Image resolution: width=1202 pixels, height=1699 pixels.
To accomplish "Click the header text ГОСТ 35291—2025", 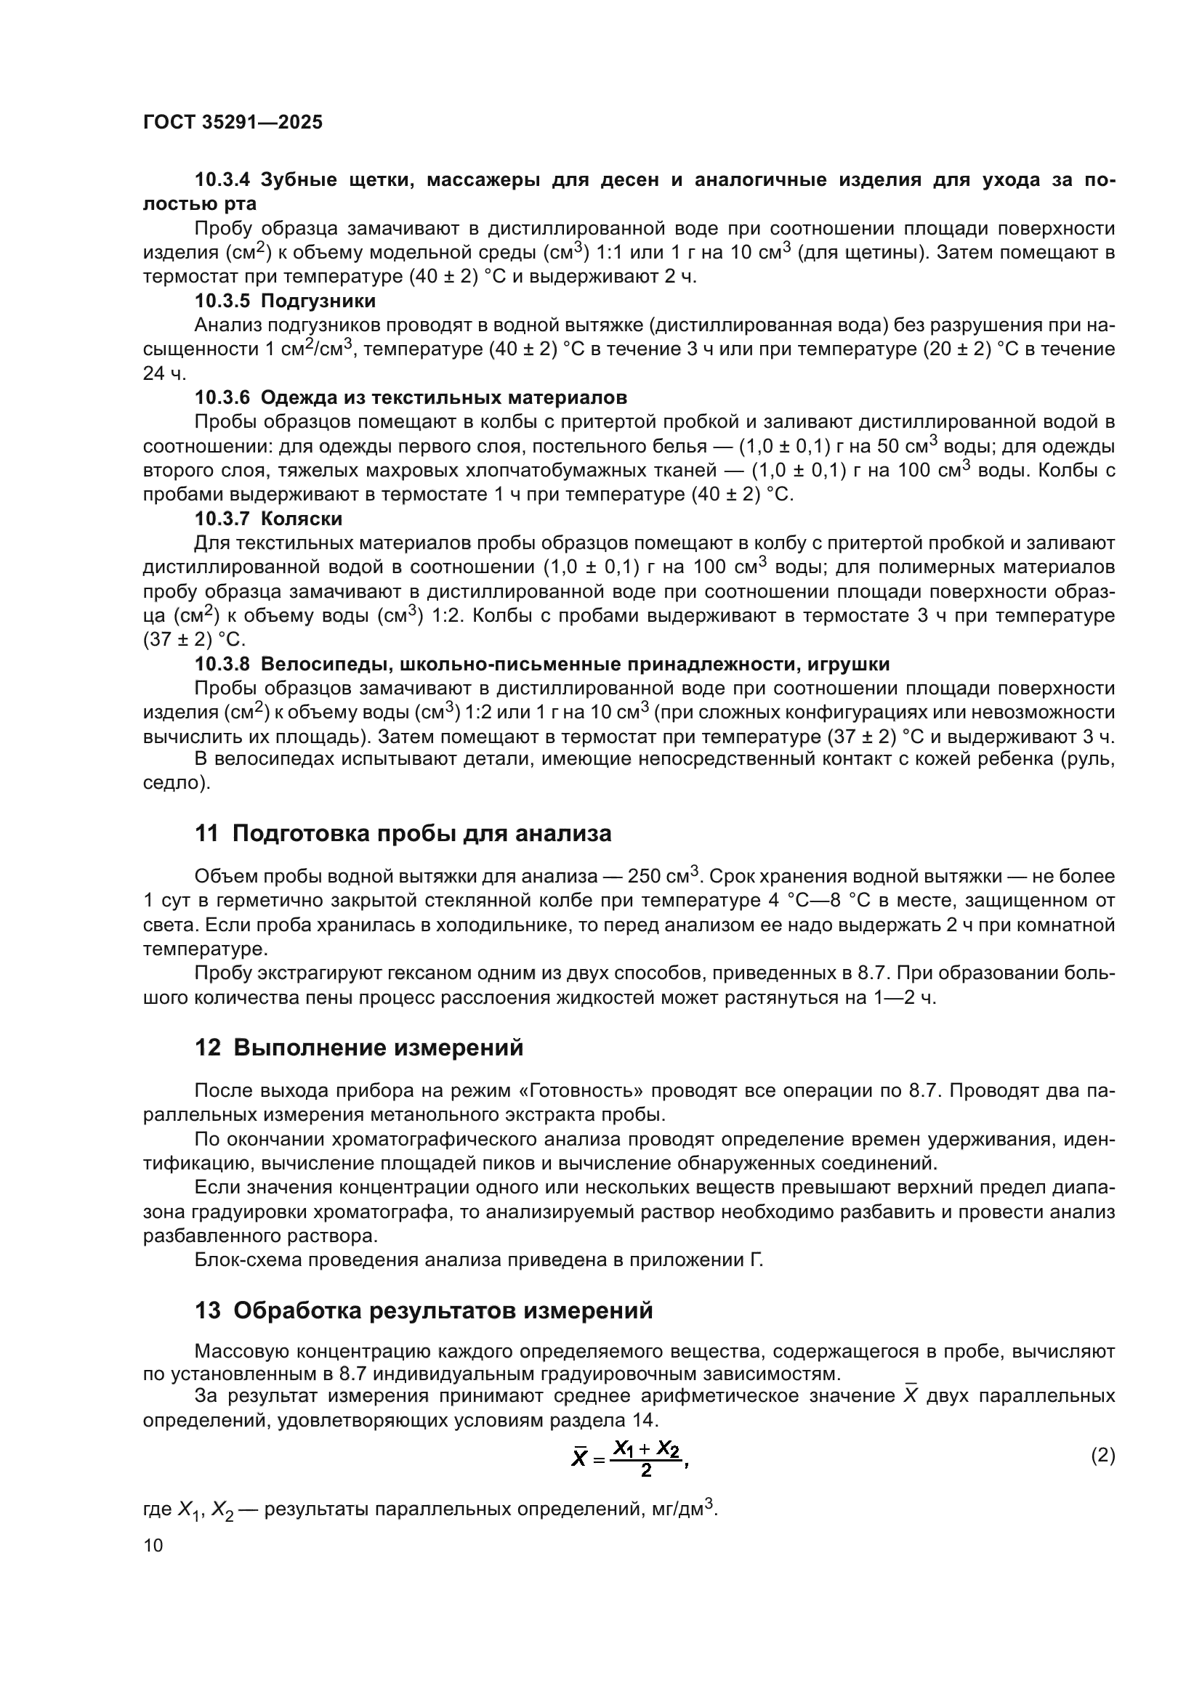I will pyautogui.click(x=233, y=122).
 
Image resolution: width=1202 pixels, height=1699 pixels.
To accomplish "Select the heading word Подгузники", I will pyautogui.click(x=318, y=301).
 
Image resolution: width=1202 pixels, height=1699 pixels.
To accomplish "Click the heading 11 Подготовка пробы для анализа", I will pyautogui.click(x=403, y=834).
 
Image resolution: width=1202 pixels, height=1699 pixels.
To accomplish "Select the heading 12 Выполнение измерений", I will pyautogui.click(x=359, y=1048).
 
